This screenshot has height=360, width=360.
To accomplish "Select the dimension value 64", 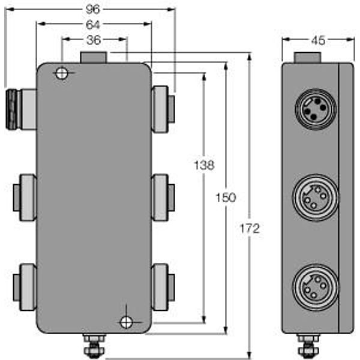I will coord(93,25).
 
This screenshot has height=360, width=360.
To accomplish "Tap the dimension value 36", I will coord(93,40).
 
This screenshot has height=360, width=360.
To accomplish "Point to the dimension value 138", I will coord(204,164).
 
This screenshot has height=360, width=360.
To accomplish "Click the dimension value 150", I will coord(226,197).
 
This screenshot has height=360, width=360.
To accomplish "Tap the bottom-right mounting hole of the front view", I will coord(126,322).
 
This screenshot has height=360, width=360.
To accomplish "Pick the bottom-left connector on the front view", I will coord(25,286).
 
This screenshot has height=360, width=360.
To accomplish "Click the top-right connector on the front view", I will coord(162,109).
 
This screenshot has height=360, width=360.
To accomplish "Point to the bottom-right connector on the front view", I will coord(162,286).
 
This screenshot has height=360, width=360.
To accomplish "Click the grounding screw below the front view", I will coord(93,345).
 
